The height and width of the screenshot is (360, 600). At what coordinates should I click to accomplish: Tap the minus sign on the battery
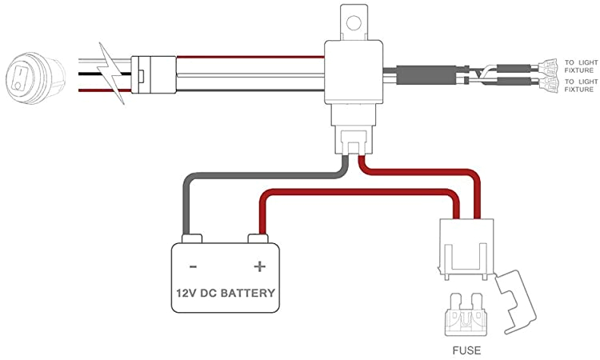pos(194,266)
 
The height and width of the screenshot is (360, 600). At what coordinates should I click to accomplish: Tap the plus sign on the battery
pos(258,266)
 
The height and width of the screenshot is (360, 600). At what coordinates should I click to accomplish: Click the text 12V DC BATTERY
pos(226,293)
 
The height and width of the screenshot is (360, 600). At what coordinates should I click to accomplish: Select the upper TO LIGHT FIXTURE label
pos(580,66)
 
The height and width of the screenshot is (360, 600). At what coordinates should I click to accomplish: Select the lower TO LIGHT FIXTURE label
pos(580,85)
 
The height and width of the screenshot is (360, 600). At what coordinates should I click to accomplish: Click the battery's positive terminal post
pos(258,239)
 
